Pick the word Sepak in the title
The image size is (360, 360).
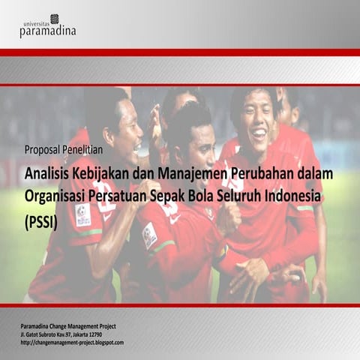196,197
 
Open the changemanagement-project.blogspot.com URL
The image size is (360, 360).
72,342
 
